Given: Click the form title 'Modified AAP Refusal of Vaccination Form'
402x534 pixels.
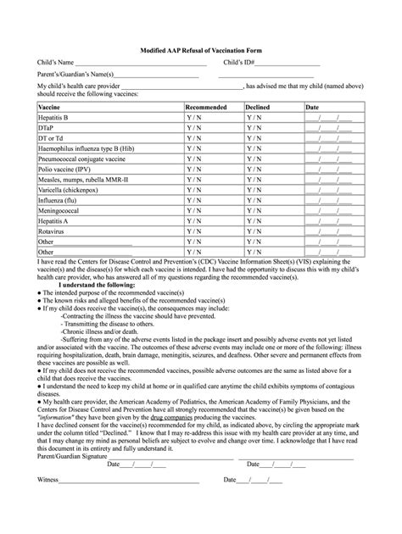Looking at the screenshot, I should click(x=200, y=51).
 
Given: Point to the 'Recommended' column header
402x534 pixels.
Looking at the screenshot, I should click(x=205, y=108).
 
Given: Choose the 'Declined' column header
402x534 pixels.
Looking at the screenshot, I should click(x=258, y=108).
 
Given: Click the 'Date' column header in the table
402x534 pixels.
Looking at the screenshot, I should click(x=312, y=108).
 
